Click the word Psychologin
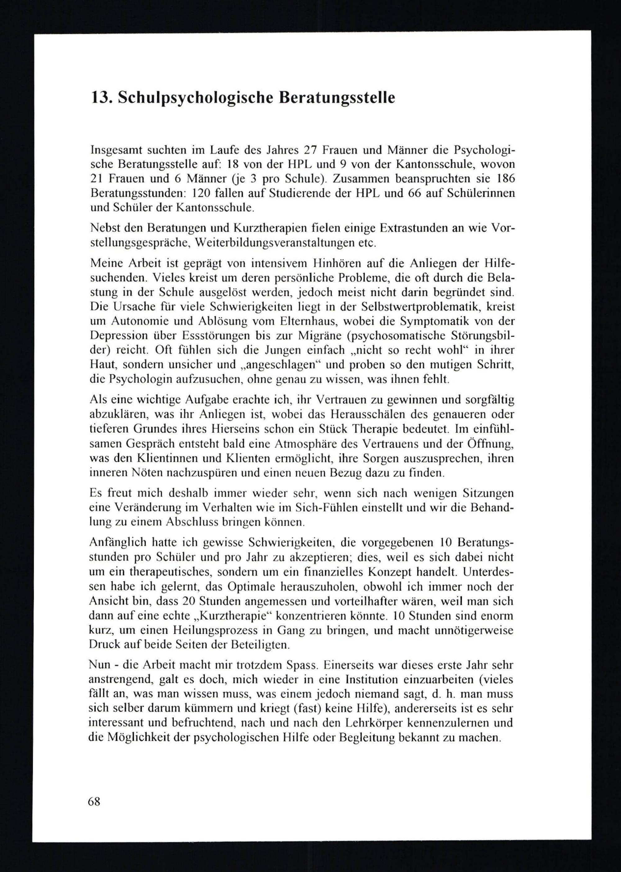[136, 380]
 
